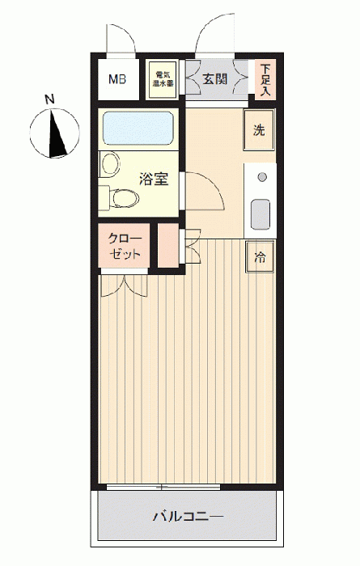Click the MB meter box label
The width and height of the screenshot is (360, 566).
[117, 79]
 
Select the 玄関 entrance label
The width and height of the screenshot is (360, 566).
[215, 78]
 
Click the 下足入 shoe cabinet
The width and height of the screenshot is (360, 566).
[266, 79]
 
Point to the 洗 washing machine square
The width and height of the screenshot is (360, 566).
[259, 130]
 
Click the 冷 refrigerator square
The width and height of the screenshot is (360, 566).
[260, 257]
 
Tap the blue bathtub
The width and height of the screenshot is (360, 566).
[138, 128]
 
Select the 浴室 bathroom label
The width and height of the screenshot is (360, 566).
[155, 179]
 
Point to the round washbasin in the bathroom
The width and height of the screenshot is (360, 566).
[111, 164]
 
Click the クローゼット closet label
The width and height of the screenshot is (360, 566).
[125, 246]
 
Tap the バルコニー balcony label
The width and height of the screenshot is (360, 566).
[188, 517]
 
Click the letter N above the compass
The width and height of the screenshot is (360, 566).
[49, 99]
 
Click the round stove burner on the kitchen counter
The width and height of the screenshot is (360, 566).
[262, 177]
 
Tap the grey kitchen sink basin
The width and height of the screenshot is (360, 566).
[260, 214]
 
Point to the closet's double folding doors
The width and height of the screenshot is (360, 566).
[125, 286]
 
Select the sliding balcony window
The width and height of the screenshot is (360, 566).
[163, 487]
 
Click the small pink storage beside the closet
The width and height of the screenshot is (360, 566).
[168, 246]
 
